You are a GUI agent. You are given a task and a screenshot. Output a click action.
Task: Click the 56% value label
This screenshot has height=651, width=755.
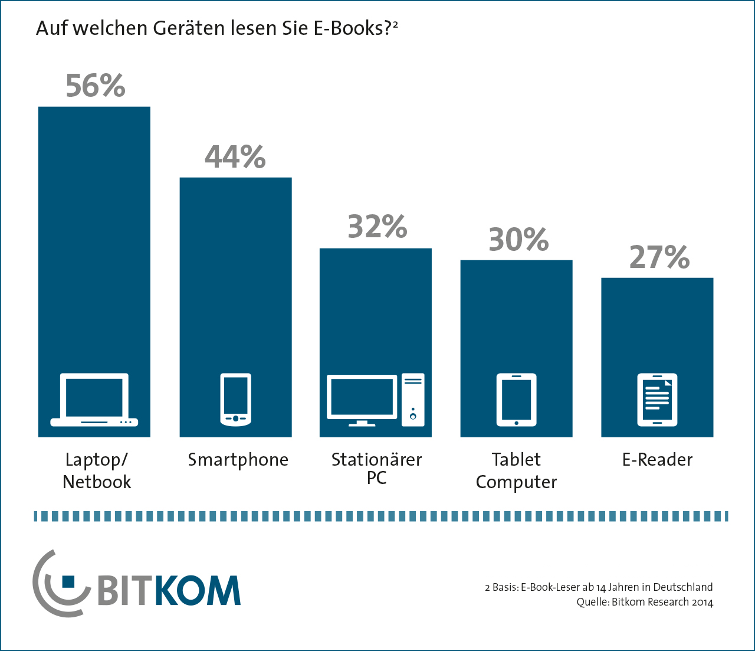(95, 86)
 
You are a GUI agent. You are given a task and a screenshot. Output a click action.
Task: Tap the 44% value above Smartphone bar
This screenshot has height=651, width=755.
(235, 157)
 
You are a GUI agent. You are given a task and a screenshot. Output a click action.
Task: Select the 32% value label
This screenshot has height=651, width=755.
(377, 227)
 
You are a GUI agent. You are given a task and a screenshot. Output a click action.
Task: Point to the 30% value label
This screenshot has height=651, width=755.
(518, 240)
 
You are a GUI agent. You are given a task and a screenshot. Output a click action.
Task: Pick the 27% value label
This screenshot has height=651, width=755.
(659, 257)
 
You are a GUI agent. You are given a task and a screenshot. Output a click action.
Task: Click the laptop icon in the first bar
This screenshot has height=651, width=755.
(94, 400)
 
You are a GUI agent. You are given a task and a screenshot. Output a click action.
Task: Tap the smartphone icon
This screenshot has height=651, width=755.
(235, 400)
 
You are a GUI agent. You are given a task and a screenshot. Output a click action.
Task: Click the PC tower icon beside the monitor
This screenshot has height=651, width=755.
(413, 400)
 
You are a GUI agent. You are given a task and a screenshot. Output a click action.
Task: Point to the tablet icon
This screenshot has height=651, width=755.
(516, 400)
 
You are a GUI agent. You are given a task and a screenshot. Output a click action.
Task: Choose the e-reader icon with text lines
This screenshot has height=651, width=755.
(657, 400)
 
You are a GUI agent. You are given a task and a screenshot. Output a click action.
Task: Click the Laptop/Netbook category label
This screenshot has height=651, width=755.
(96, 470)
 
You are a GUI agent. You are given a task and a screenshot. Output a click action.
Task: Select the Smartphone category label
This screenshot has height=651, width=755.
(238, 460)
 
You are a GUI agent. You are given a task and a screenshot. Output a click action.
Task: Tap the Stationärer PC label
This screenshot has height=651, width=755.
(376, 468)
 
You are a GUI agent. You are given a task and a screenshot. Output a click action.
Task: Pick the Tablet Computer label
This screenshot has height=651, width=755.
(516, 470)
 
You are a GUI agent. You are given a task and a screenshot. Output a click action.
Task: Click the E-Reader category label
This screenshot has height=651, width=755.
(657, 460)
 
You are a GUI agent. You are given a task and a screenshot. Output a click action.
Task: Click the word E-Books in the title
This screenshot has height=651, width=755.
(349, 28)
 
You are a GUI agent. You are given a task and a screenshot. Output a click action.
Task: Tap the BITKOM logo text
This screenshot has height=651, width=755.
(168, 590)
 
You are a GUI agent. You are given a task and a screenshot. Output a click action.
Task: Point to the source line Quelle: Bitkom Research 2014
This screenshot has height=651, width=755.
(645, 602)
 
